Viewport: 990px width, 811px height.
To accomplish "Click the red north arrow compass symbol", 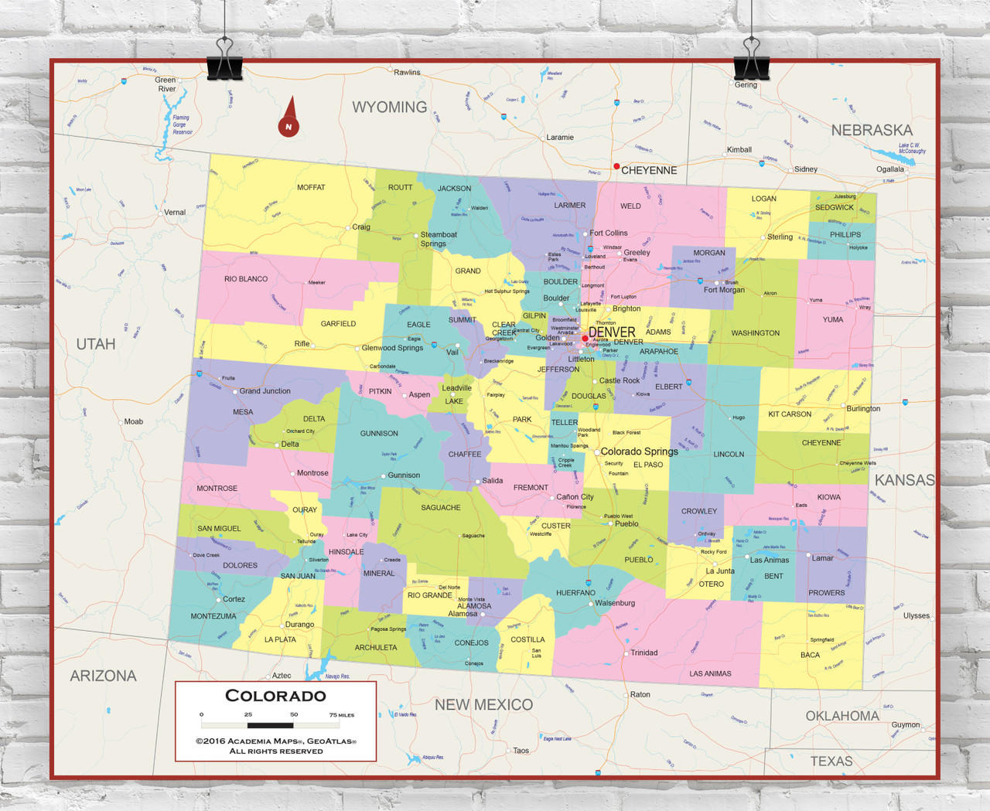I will (x=289, y=118).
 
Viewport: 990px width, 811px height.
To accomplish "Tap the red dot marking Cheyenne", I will (x=616, y=166).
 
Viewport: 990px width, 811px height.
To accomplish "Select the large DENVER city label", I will (x=612, y=332).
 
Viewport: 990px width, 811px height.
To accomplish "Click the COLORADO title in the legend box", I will (x=275, y=696).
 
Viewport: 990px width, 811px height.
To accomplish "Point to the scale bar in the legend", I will (x=270, y=725).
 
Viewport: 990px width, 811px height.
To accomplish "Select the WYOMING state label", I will (x=389, y=107).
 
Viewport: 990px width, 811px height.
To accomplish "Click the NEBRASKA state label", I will (x=872, y=131).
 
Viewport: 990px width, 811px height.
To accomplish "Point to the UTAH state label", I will (x=96, y=344).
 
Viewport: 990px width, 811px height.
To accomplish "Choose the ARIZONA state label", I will (x=103, y=676).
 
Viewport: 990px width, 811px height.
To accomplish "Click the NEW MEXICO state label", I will (x=483, y=704).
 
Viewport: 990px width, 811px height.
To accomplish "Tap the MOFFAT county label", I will (x=311, y=188).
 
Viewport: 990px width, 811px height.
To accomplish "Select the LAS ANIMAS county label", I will (x=710, y=673).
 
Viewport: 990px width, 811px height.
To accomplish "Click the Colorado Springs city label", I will (x=639, y=452).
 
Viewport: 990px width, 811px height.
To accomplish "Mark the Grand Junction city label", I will (x=265, y=391).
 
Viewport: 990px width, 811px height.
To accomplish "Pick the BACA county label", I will (x=810, y=655).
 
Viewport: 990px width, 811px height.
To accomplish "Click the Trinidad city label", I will (x=643, y=653).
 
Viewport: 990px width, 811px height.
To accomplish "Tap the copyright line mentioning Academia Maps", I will (x=275, y=741).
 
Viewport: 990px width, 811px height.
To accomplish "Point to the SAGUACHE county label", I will (x=441, y=508).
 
